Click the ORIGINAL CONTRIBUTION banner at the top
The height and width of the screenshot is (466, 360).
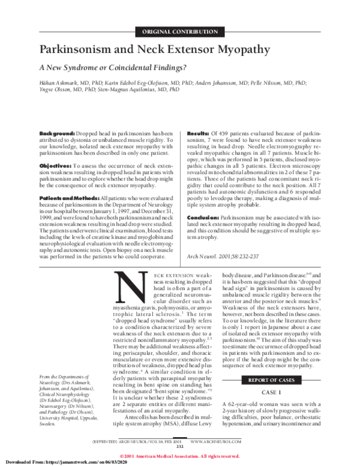click(179, 31)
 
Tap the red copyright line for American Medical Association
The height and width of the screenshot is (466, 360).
click(179, 455)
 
